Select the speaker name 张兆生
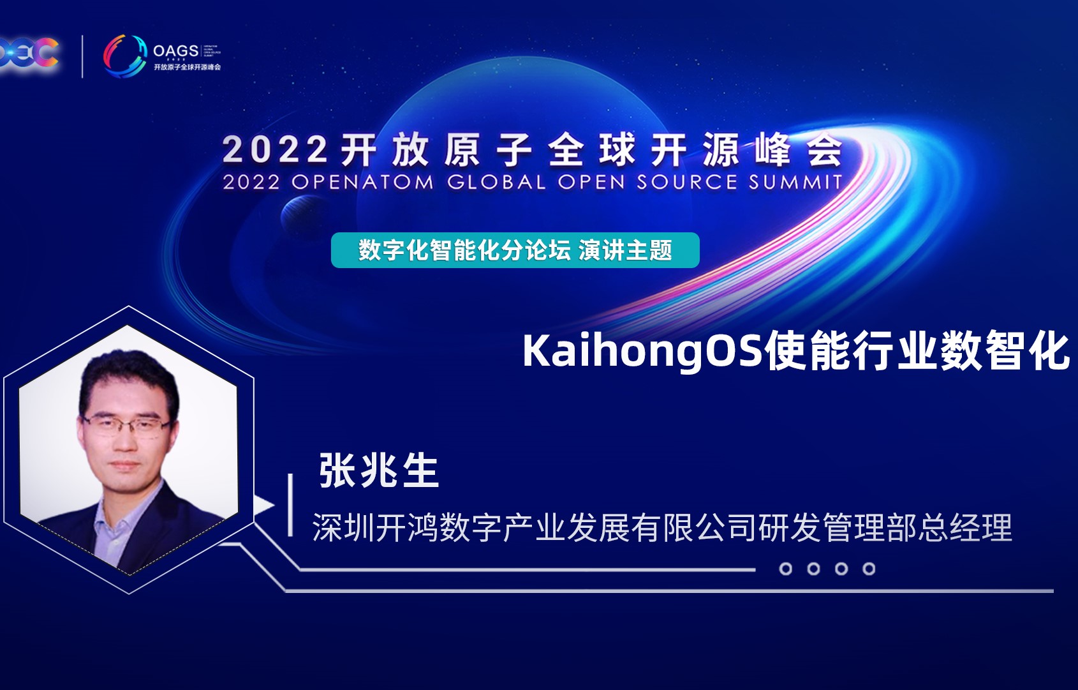click(379, 471)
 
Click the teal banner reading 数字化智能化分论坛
click(464, 250)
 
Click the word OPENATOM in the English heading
click(362, 182)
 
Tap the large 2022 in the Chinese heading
click(275, 150)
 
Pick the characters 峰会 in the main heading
click(798, 150)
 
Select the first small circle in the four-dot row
click(786, 569)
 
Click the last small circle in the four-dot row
click(869, 569)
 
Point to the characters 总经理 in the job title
click(980, 529)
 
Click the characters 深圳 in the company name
click(344, 529)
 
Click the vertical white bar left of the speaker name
click(291, 504)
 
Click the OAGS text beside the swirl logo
click(175, 51)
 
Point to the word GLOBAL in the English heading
click(496, 182)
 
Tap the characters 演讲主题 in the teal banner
click(625, 250)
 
